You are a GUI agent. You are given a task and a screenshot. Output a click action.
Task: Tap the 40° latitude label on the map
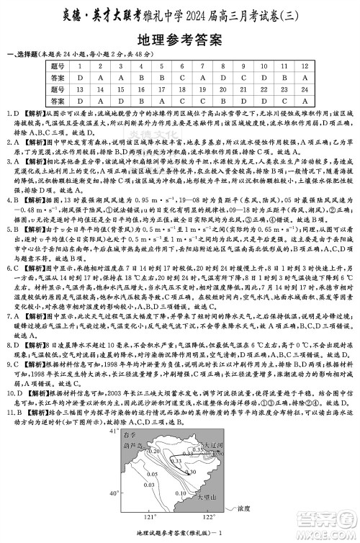pyautogui.click(x=113, y=495)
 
